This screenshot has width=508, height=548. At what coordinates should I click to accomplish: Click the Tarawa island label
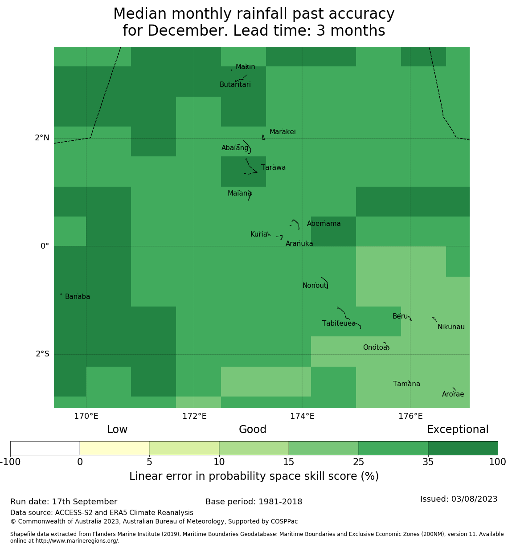(x=273, y=168)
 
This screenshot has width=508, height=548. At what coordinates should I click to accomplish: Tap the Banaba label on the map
(x=78, y=297)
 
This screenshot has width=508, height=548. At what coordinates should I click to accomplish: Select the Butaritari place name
(x=235, y=85)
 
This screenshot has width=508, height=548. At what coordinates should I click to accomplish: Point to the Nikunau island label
(x=451, y=327)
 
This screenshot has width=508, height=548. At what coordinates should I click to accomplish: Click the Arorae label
(x=453, y=394)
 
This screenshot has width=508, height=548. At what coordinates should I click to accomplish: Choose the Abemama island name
(x=324, y=224)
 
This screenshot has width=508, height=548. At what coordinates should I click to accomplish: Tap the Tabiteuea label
(x=339, y=323)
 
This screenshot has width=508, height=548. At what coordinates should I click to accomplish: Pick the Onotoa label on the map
(x=375, y=348)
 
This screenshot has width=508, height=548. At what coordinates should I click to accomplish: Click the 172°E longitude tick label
(x=194, y=417)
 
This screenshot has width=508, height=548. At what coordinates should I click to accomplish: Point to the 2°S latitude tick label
(x=42, y=354)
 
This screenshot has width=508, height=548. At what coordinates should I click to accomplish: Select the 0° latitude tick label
(x=45, y=246)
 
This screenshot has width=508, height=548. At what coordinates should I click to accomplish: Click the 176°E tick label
(x=410, y=417)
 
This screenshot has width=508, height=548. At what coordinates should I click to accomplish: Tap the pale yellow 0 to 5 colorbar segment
(x=115, y=448)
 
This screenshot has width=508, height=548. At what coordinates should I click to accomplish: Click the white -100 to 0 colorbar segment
(x=45, y=448)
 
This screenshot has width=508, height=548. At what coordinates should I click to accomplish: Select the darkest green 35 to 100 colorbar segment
(x=463, y=448)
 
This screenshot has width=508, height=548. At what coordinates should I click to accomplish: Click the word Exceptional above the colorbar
(x=458, y=430)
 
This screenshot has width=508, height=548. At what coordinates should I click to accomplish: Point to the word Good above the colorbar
(x=253, y=430)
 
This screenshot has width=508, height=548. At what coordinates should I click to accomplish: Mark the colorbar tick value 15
(x=289, y=462)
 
